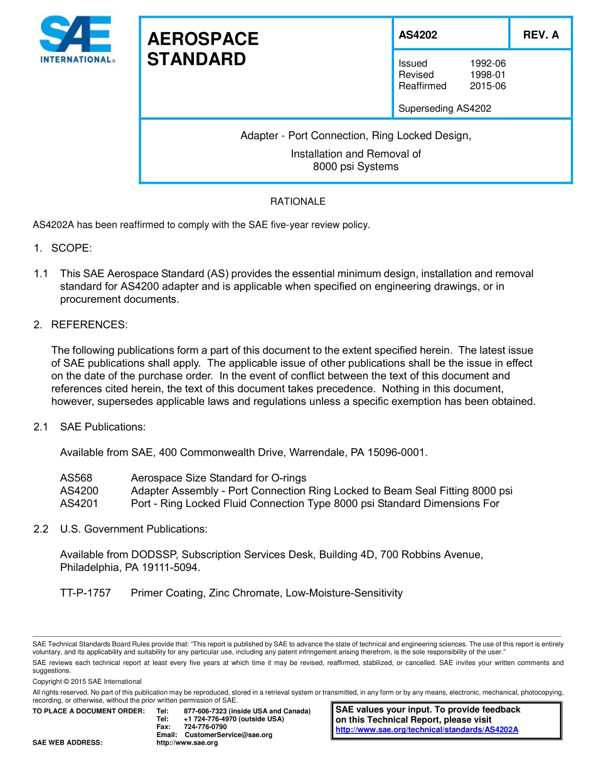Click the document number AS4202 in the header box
pos(418,35)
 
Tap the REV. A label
pos(541,35)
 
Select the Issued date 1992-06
pos(487,63)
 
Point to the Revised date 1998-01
pos(487,75)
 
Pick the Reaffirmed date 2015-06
pos(487,86)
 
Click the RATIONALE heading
pos(297,202)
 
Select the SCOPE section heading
pos(71,248)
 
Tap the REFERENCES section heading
pos(89,325)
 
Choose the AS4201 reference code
pos(79,503)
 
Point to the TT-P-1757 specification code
pos(85,593)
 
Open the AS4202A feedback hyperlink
pos(427,730)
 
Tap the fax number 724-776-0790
pos(205,726)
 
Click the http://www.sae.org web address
pos(187,743)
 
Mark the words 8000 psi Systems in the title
pos(356,167)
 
